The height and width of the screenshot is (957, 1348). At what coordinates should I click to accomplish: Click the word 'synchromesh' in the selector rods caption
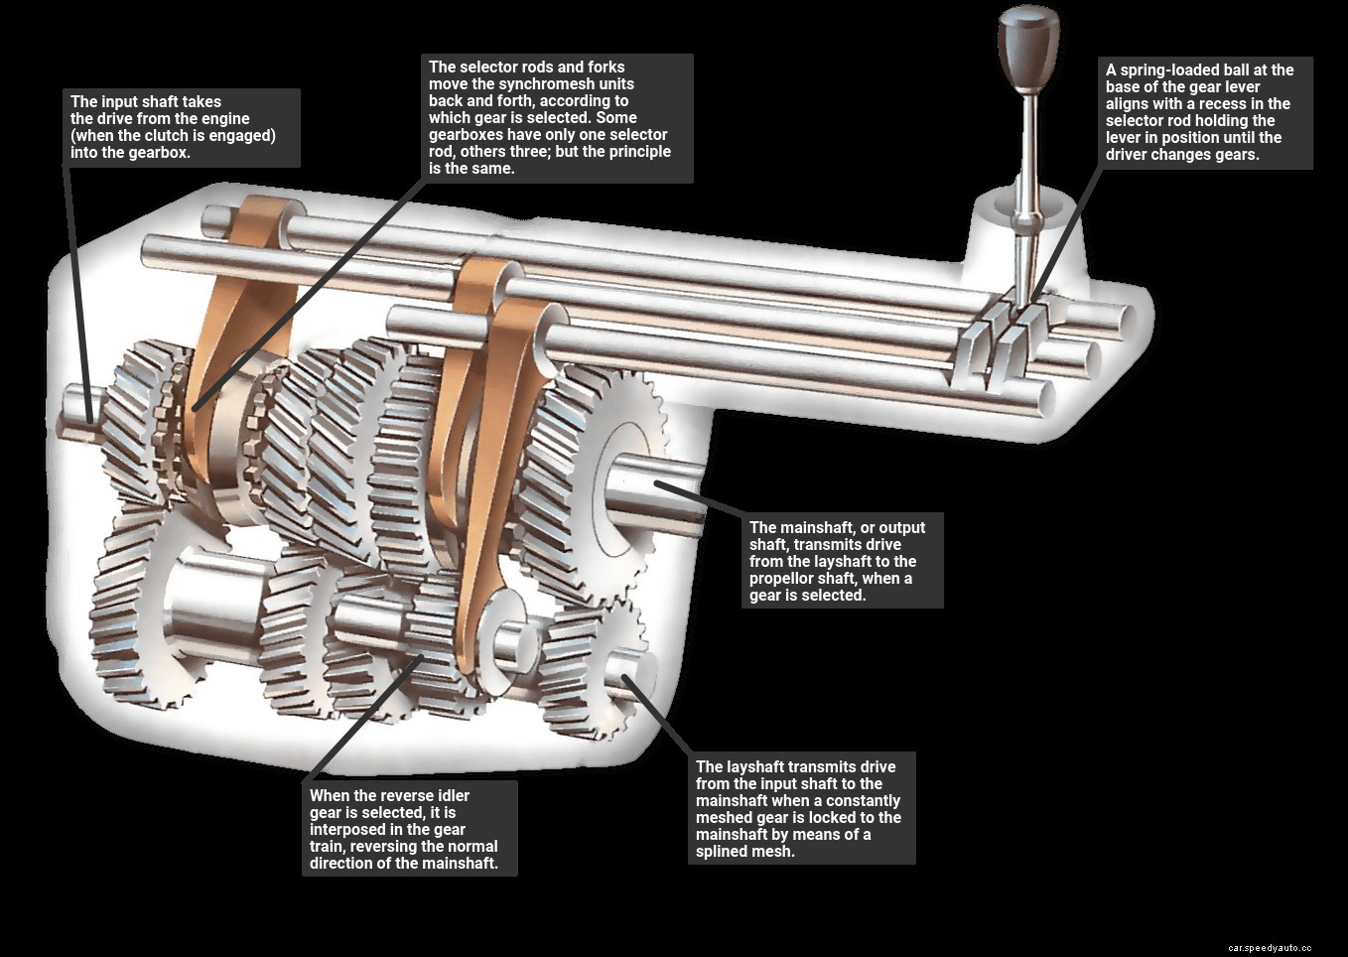pyautogui.click(x=566, y=84)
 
